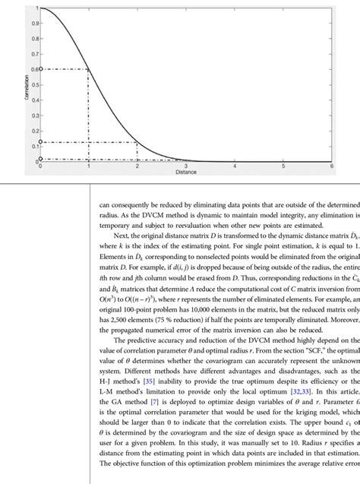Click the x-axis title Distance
(186, 172)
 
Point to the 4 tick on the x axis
(234, 165)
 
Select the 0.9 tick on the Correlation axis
(34, 24)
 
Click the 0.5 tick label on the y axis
(34, 84)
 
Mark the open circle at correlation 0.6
(40, 69)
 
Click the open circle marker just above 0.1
(40, 142)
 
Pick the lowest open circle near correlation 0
(40, 159)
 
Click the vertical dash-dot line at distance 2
(137, 152)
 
